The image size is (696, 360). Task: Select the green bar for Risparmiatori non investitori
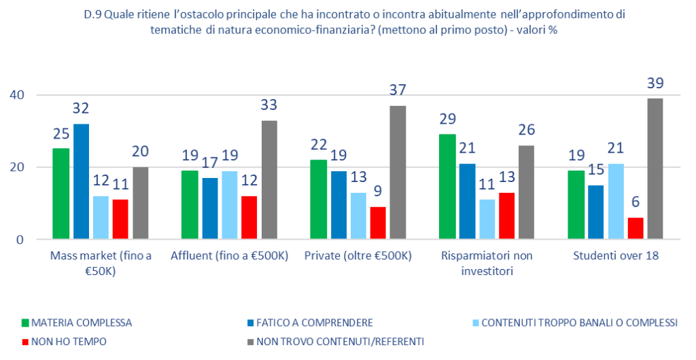pos(447,187)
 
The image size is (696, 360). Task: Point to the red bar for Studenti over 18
pos(636,228)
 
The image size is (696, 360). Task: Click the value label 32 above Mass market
pos(81,108)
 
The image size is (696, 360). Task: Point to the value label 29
pos(447,120)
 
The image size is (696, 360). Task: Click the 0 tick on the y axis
pos(20,240)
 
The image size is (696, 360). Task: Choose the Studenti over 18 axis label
pos(614,257)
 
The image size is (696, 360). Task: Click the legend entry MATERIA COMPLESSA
pos(81,323)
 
